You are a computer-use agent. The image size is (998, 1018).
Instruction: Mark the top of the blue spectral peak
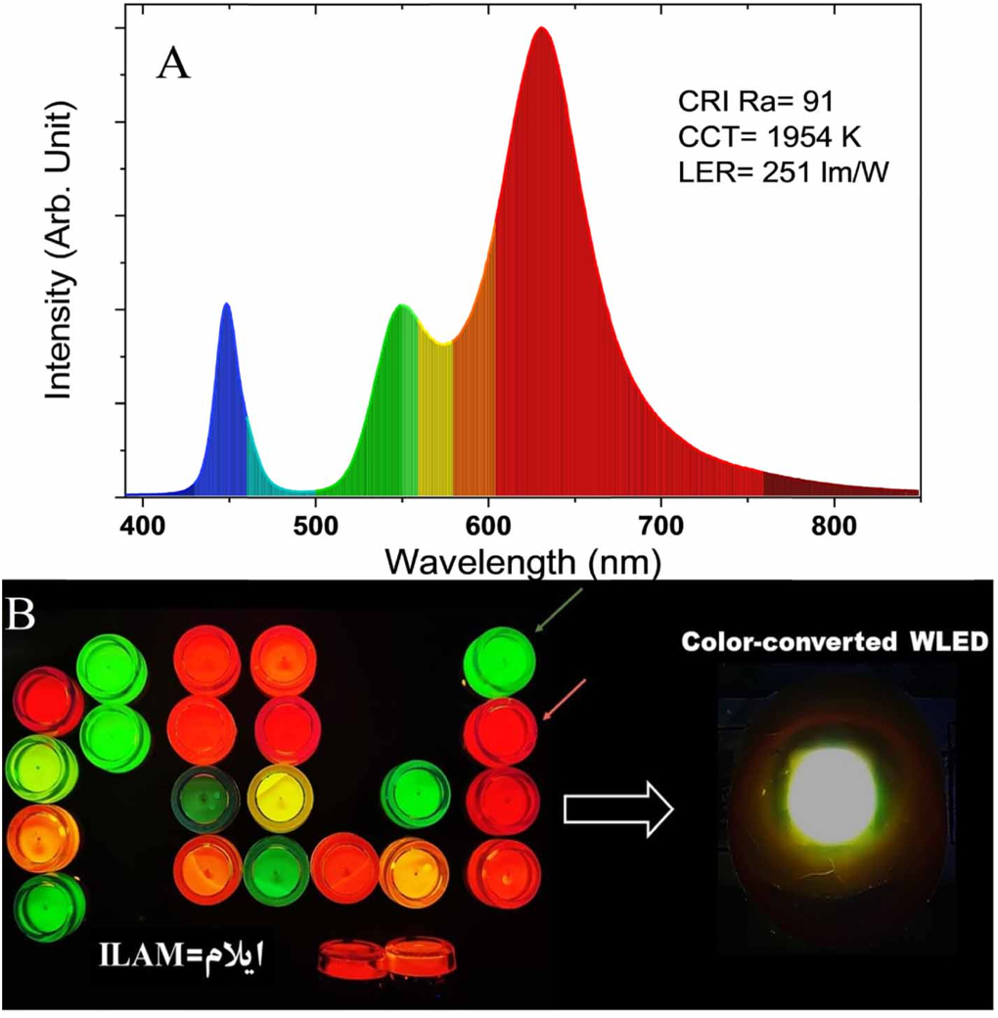pos(227,304)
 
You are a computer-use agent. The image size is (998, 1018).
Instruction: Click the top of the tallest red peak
pos(540,28)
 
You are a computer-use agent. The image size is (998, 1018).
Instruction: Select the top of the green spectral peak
pos(401,306)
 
